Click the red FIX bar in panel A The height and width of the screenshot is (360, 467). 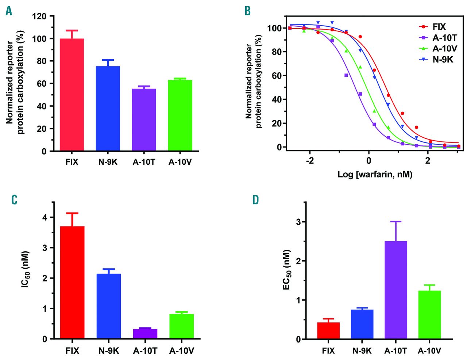[72, 95]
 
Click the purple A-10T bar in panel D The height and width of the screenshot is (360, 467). [396, 290]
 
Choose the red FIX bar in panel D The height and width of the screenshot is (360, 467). [328, 330]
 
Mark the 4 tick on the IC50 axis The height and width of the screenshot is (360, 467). [45, 218]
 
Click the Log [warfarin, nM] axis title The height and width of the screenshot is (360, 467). [375, 175]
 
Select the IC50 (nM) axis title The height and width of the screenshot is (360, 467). [25, 270]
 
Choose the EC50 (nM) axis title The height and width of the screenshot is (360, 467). [287, 270]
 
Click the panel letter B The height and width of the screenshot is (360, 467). [248, 11]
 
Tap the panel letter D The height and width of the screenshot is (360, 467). [255, 200]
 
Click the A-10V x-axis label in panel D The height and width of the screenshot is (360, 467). [429, 351]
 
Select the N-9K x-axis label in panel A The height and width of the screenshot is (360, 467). [108, 162]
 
